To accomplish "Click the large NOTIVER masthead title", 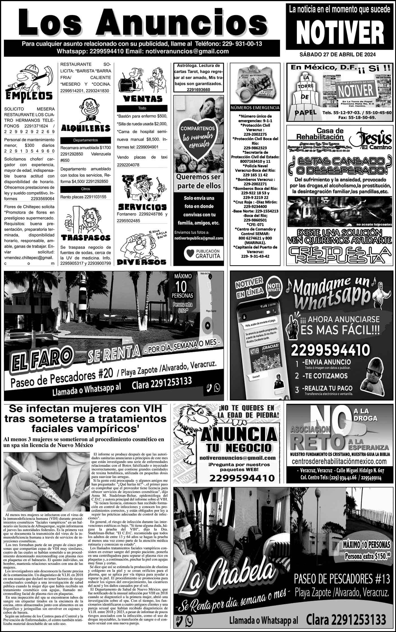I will (339, 33).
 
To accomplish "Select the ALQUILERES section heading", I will (85, 128).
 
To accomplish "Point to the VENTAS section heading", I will (142, 99).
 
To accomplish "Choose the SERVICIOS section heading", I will (142, 206).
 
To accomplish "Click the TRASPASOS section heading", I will (86, 237).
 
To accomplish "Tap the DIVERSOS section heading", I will (142, 262).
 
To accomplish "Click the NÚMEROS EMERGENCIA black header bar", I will (255, 108).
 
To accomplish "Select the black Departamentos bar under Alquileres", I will (85, 140).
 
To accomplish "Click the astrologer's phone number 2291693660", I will (198, 90).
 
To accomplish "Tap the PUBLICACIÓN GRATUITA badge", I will (202, 253).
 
